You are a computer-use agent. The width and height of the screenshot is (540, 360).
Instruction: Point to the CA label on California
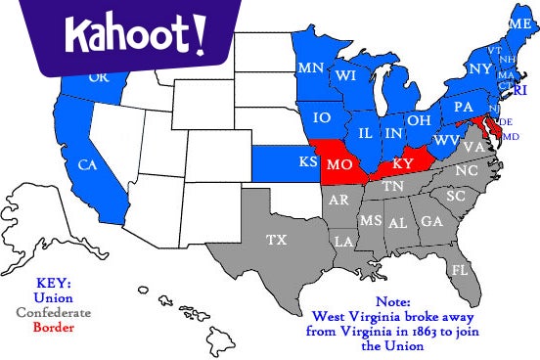click(x=88, y=163)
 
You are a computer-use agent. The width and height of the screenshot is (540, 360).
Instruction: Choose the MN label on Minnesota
click(x=311, y=67)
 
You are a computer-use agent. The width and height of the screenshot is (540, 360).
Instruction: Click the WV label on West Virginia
click(x=446, y=140)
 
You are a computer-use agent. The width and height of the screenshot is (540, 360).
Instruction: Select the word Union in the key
click(x=53, y=297)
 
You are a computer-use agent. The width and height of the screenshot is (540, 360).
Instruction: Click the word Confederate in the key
click(x=53, y=312)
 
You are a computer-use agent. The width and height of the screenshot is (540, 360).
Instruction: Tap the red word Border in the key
click(x=53, y=327)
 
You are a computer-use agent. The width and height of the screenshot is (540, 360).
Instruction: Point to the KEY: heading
click(x=53, y=283)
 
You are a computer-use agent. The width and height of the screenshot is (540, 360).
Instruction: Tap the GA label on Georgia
click(x=430, y=221)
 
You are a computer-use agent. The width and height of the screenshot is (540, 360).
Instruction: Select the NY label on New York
click(x=479, y=69)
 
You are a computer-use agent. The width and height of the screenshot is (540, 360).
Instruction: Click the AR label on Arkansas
click(x=339, y=201)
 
